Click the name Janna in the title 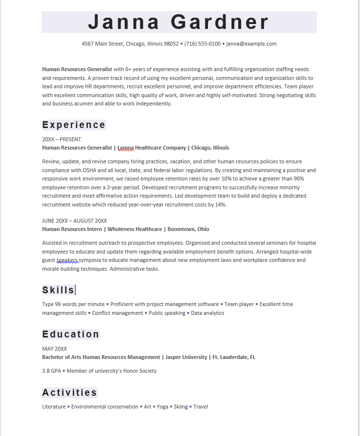[x=124, y=23]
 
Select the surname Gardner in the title [x=220, y=23]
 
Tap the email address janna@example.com [x=251, y=44]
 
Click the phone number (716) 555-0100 [x=203, y=44]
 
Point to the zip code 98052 [x=171, y=44]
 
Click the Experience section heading [x=74, y=125]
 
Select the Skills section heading [x=58, y=290]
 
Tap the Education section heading [x=71, y=334]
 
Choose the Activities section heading [x=70, y=392]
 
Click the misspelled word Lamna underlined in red [x=126, y=148]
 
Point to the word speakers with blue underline [x=68, y=260]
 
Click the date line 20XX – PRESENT [x=62, y=139]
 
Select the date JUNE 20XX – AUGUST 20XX [x=75, y=221]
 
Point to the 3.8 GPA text [x=51, y=371]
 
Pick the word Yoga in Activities [x=162, y=407]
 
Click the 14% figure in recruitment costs [x=220, y=205]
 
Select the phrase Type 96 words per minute [x=74, y=304]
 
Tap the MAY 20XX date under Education [x=54, y=349]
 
